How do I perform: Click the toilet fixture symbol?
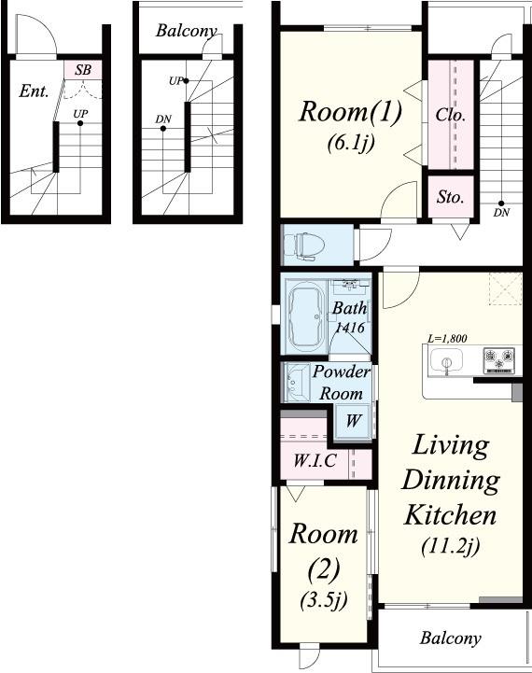click(307, 246)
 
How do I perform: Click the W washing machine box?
click(352, 421)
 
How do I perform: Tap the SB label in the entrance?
click(83, 69)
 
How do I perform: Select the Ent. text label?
click(34, 91)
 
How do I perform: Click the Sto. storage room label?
click(451, 197)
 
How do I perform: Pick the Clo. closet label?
click(451, 115)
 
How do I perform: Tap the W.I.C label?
click(315, 460)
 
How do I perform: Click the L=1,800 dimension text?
click(447, 338)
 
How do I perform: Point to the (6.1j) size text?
click(351, 143)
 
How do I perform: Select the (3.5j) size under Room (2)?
click(324, 600)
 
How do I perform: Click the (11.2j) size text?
click(450, 546)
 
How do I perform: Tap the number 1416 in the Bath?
click(350, 328)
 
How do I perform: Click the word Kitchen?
click(450, 514)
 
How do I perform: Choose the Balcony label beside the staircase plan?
click(187, 31)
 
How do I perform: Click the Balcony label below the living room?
click(451, 638)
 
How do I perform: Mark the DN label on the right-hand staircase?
click(501, 213)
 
